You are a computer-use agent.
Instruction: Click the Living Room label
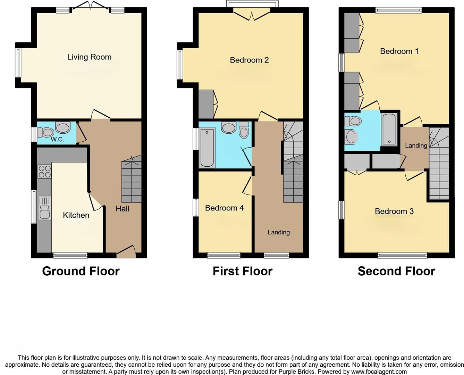pyautogui.click(x=89, y=57)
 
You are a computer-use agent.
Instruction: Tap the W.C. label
pyautogui.click(x=57, y=140)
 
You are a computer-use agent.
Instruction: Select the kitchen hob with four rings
pyautogui.click(x=44, y=172)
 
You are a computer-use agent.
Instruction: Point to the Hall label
pyautogui.click(x=122, y=209)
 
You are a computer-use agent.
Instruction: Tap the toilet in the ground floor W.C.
pyautogui.click(x=46, y=132)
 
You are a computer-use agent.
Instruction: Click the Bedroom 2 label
pyautogui.click(x=249, y=60)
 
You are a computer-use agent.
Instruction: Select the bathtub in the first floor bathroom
pyautogui.click(x=207, y=147)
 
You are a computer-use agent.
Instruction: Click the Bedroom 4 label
pyautogui.click(x=224, y=208)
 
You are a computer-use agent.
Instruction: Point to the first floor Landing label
pyautogui.click(x=278, y=232)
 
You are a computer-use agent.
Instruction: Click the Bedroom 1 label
pyautogui.click(x=399, y=51)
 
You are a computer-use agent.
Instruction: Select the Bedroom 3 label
pyautogui.click(x=394, y=211)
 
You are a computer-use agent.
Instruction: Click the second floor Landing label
pyautogui.click(x=416, y=145)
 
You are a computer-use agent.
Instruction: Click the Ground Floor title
pyautogui.click(x=81, y=271)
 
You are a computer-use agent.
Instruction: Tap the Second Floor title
pyautogui.click(x=396, y=271)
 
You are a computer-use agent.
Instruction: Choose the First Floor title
pyautogui.click(x=242, y=271)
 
